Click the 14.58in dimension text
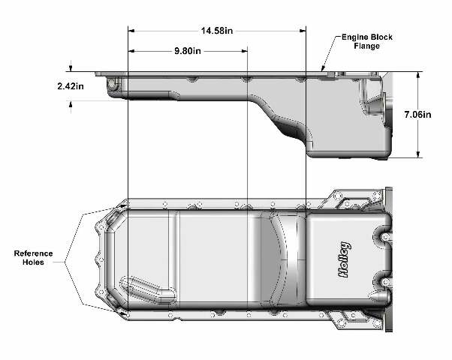click(x=217, y=31)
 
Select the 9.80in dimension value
click(x=188, y=51)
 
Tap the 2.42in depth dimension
click(x=71, y=85)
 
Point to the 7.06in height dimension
click(x=417, y=115)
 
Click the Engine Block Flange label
click(x=367, y=41)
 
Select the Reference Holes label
click(x=34, y=258)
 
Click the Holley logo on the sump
click(x=344, y=259)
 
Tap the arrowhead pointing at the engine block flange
click(x=323, y=68)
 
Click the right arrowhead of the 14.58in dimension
click(x=303, y=31)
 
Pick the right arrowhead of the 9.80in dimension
click(x=244, y=51)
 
